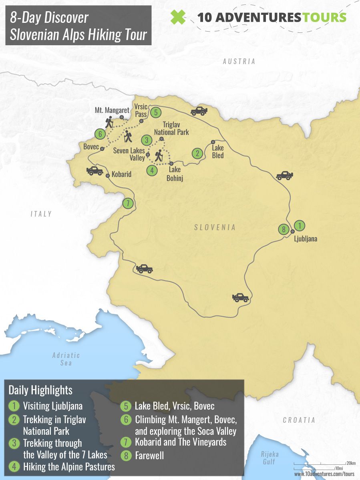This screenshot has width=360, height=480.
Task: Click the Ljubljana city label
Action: click(306, 239)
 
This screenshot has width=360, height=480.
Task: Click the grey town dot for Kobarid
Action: click(108, 175)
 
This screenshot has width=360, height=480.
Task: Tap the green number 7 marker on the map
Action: click(128, 203)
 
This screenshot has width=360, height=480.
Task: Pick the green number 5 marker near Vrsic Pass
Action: click(156, 112)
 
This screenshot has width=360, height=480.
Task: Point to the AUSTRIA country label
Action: click(239, 62)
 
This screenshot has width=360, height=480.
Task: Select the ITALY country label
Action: click(41, 214)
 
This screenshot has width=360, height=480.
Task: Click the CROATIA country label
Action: click(299, 420)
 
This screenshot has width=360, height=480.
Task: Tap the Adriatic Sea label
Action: click(66, 359)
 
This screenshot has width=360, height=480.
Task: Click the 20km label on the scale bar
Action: click(351, 463)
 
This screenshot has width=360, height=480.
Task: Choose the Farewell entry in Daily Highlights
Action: click(149, 456)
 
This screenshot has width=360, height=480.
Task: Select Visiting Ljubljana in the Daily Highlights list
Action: click(52, 406)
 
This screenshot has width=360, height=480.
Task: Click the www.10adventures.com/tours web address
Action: click(324, 474)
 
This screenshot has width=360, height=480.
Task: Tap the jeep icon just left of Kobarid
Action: click(95, 171)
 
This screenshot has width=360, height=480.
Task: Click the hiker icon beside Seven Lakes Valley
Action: click(159, 155)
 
